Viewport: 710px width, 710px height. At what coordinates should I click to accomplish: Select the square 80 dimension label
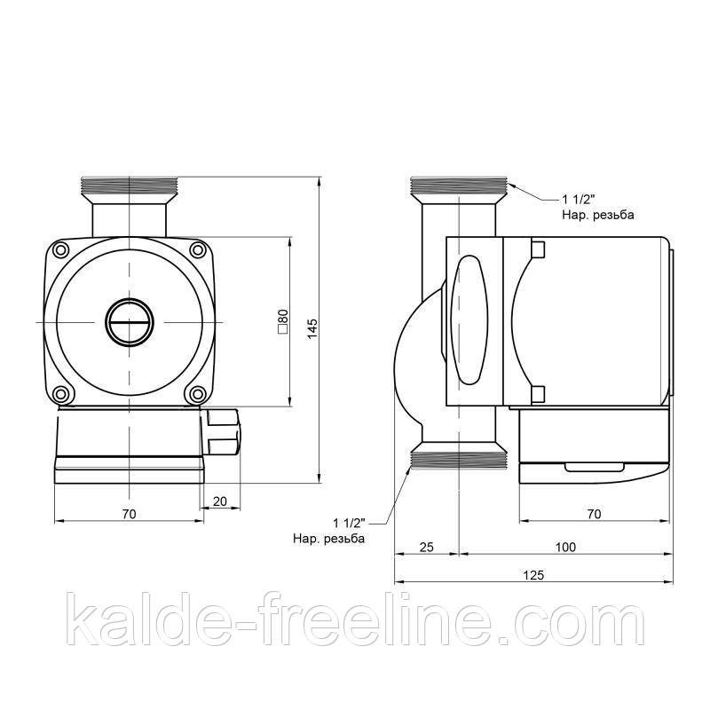coord(282,320)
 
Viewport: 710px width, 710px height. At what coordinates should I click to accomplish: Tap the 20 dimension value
coord(221,501)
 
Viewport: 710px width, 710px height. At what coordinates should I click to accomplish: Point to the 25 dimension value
coord(425,547)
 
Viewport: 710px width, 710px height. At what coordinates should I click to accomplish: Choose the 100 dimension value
coord(564,547)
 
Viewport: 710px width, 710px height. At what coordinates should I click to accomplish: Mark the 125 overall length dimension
coord(532,575)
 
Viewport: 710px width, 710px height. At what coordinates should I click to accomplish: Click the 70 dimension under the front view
coord(129,514)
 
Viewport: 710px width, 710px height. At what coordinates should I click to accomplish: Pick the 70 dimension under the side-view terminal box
coord(594,514)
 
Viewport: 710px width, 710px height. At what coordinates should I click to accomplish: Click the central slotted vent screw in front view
coord(129,320)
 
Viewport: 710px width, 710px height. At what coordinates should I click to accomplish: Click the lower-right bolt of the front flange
coord(197,393)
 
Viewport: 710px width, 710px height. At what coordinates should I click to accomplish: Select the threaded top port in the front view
coord(129,186)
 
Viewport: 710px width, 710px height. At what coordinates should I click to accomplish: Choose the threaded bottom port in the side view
coord(457,459)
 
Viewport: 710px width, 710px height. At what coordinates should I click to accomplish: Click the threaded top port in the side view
coord(457,187)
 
